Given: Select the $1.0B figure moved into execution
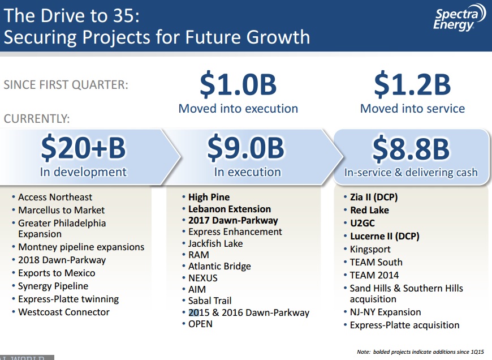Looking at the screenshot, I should [x=238, y=84].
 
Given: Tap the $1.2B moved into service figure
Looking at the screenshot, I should [x=412, y=84].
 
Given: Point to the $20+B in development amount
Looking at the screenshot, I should [x=83, y=148].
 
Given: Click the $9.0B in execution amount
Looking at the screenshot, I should [x=246, y=148].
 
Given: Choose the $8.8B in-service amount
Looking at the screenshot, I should [x=411, y=148].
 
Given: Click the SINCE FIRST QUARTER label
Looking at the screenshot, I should [x=66, y=85].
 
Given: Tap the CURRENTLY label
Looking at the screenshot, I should [x=37, y=119].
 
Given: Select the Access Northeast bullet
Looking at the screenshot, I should [x=55, y=197].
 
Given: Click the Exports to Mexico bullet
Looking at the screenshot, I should [x=57, y=273].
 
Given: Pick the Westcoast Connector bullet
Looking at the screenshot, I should [x=63, y=312].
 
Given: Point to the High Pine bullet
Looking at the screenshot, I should [x=209, y=197].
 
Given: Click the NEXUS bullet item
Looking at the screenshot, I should [x=202, y=278].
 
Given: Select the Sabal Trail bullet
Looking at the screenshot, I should [x=210, y=301].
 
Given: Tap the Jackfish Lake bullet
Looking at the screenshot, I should [x=215, y=243].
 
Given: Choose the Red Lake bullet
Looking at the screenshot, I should [x=369, y=210].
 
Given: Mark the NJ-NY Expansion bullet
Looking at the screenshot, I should [x=385, y=312].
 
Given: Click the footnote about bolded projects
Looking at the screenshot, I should [x=420, y=352].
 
